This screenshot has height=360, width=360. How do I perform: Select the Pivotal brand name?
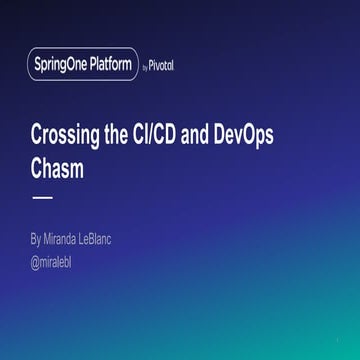click(x=162, y=66)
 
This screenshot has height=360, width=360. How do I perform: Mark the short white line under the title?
click(x=42, y=198)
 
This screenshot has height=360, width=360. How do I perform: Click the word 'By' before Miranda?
click(x=36, y=240)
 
